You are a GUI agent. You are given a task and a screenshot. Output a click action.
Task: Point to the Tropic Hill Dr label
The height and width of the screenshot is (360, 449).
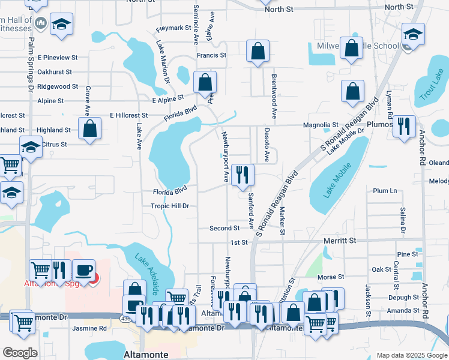coord(170,206)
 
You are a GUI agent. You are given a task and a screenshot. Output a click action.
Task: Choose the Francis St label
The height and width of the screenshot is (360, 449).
coord(211,55)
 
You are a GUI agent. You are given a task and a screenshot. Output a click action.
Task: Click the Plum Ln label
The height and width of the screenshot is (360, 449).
coord(385,191)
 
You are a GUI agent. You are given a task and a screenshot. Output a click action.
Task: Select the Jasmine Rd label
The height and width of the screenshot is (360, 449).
coord(89,328)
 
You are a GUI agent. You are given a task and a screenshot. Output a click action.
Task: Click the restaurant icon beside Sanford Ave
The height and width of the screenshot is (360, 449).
coord(243,175)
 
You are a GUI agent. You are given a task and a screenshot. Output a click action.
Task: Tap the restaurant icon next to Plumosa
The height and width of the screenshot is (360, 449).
coord(403,126)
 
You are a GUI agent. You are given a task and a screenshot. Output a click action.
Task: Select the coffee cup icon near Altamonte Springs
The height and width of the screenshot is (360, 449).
coord(84,270)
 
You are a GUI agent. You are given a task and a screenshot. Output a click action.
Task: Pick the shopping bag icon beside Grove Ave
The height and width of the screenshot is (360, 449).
coord(89,128)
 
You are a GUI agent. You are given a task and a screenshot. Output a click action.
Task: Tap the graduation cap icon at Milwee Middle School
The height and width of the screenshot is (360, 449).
coord(413,34)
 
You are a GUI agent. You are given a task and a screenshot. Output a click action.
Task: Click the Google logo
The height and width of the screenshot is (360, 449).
coord(20,353)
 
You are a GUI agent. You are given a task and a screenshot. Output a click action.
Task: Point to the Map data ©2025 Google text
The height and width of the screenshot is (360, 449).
coord(411,355)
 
